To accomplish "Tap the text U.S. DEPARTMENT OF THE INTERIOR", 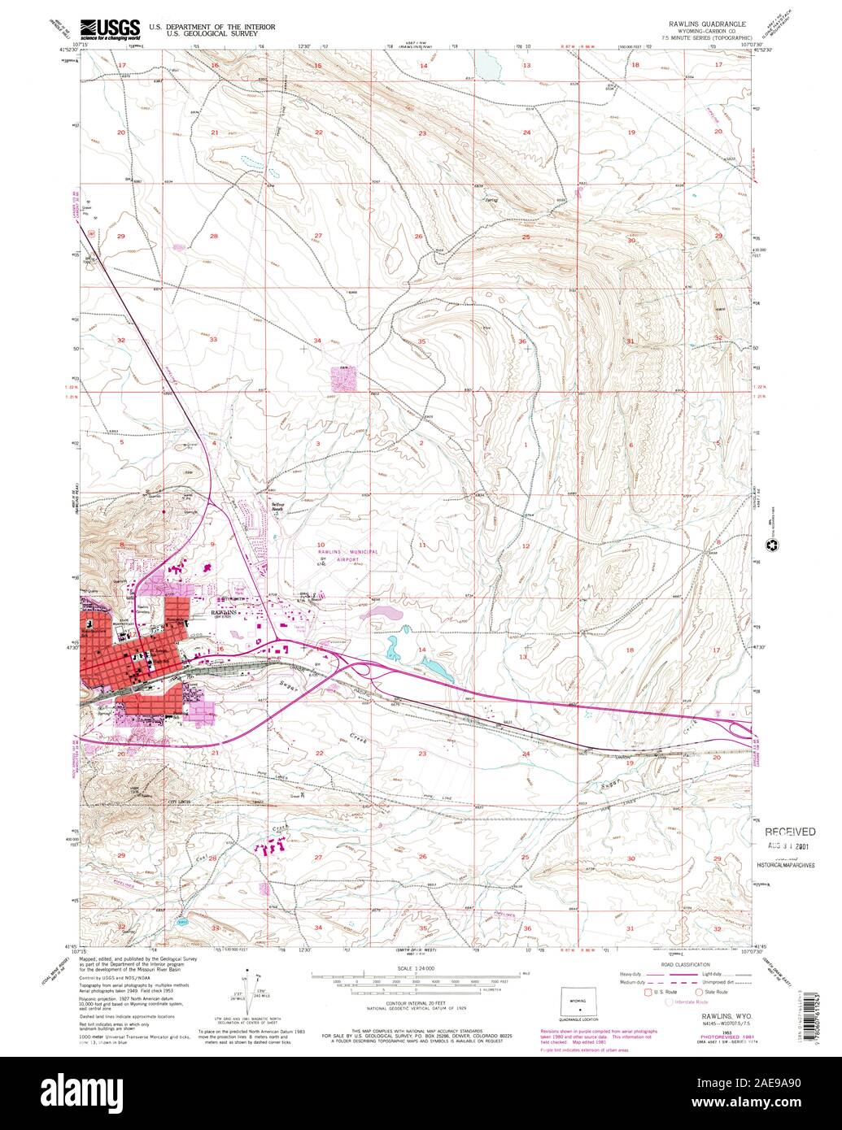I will [212, 27].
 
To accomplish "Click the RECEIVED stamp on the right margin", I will [789, 832].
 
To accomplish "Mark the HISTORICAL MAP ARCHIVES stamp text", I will [789, 865].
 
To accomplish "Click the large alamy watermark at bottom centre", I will [420, 1089].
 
